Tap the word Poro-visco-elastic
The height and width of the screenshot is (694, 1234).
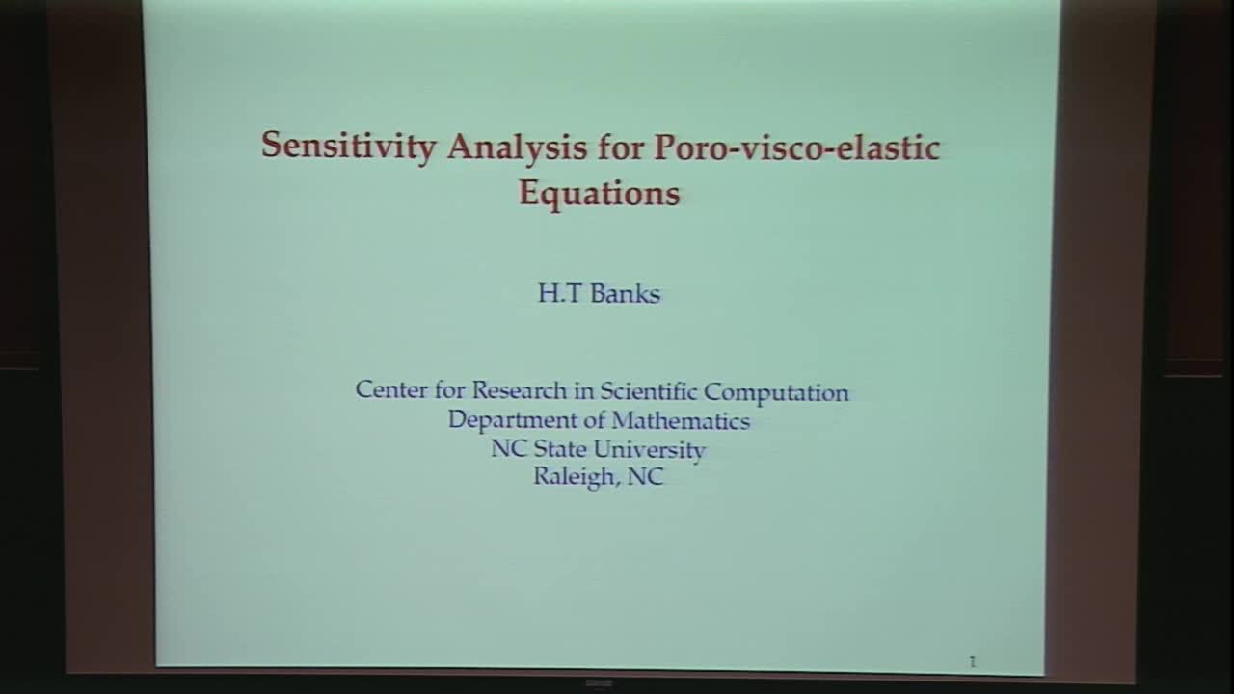tap(796, 147)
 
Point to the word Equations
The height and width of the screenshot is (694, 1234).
tap(599, 192)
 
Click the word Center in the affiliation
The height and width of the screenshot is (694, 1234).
tap(389, 390)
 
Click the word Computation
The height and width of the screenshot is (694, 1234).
tap(777, 392)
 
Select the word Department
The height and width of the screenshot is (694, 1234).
tap(507, 421)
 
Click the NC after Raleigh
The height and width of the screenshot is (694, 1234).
tap(645, 477)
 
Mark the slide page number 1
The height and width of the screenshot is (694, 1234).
tap(972, 661)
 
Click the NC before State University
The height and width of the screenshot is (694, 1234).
tap(507, 449)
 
